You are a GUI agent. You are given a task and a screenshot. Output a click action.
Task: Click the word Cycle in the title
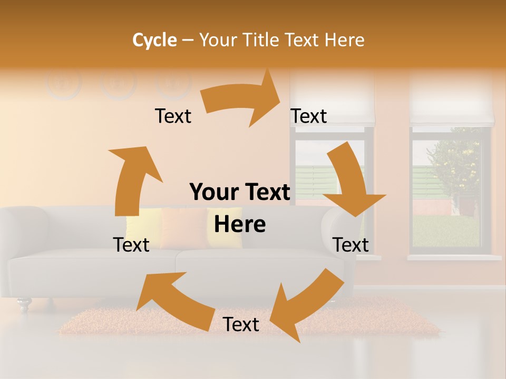[154, 40]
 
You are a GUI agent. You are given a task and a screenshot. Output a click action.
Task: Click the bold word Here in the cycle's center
[240, 224]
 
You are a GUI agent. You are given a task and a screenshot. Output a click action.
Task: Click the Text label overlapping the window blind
[309, 116]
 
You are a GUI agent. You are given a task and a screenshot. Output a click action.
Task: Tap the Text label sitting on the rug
[241, 325]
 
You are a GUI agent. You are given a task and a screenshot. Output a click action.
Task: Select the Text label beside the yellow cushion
[131, 245]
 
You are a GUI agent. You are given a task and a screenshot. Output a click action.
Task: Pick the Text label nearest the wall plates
[173, 116]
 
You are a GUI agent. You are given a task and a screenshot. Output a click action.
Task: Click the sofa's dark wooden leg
[24, 304]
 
